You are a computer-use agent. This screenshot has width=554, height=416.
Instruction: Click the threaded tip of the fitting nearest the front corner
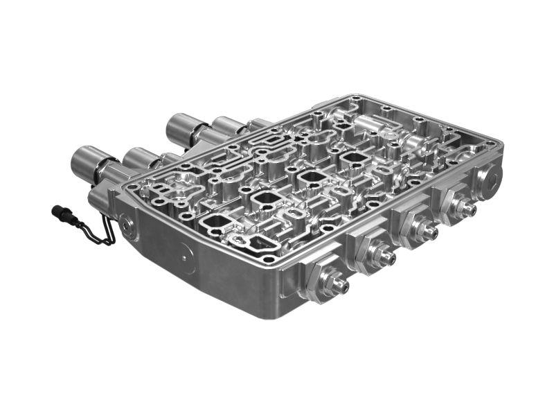[341, 284]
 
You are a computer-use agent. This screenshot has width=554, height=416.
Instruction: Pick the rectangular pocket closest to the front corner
[215, 223]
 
